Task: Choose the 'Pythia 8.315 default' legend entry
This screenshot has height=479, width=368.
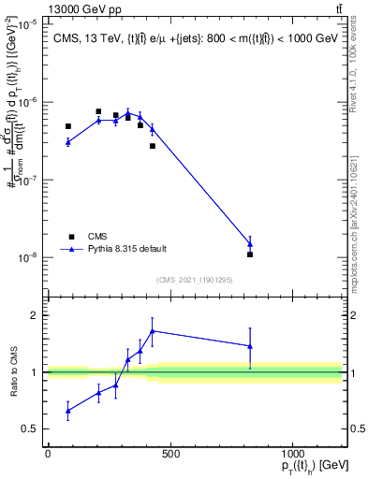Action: (x=126, y=249)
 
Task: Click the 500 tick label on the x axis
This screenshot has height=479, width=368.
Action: (x=170, y=455)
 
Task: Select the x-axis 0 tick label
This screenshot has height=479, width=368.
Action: (x=48, y=455)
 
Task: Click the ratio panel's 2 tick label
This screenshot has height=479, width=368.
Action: (x=35, y=315)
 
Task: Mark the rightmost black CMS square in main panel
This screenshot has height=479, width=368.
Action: (x=250, y=254)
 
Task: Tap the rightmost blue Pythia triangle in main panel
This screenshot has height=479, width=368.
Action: (x=250, y=243)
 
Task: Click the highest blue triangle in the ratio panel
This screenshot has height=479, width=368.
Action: (x=152, y=330)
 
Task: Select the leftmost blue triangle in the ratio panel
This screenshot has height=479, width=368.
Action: (x=67, y=411)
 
